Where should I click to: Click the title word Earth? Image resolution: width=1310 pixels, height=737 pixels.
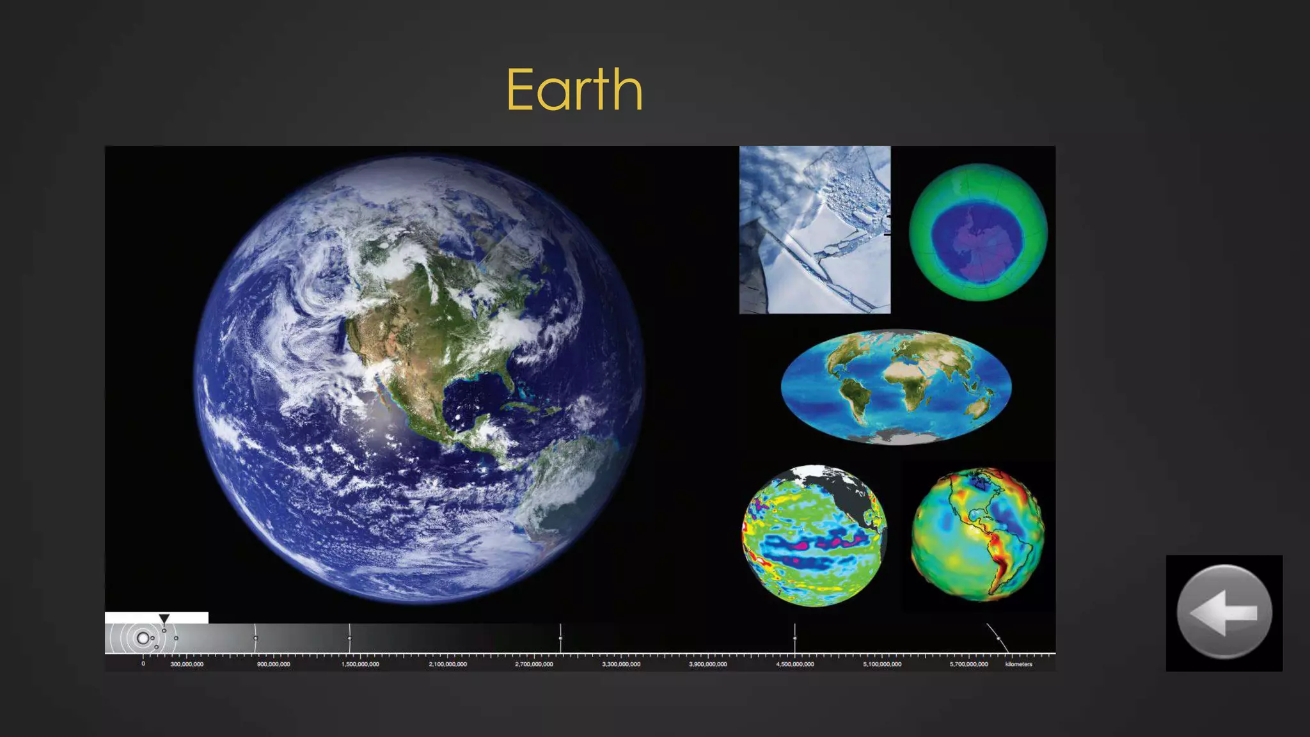coord(574,90)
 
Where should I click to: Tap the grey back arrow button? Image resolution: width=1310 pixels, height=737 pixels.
coord(1224,612)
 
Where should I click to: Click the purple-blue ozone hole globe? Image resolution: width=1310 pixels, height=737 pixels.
coord(978,232)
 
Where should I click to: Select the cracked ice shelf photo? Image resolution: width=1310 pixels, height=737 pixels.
coord(814,230)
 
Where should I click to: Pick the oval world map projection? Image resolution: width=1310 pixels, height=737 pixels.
coord(896,386)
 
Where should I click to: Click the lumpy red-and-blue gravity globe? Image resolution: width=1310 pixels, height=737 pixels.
coord(977,534)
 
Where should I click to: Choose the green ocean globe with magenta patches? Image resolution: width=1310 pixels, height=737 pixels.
coord(814,536)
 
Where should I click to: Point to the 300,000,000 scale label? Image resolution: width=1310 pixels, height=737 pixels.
coord(187,664)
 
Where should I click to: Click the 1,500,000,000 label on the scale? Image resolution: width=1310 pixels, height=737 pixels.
coord(360,664)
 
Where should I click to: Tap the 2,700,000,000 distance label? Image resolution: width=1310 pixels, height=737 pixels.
coord(534,664)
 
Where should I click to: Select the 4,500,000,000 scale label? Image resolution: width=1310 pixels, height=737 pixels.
coord(795,664)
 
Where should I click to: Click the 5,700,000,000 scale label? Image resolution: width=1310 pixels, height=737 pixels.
coord(968,664)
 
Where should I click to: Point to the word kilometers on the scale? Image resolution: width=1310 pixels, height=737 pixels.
coord(1018,664)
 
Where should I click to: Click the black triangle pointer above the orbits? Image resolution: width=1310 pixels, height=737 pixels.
coord(164,619)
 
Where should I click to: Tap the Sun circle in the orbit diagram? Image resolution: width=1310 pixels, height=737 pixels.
coord(143,638)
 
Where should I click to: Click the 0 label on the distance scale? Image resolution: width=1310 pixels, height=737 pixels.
coord(143,664)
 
